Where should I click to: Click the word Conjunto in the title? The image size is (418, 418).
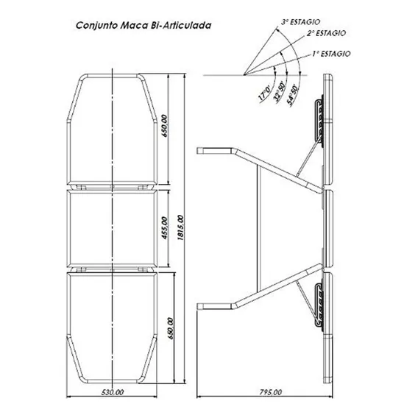point(97,26)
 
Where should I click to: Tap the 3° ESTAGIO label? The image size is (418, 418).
point(300,22)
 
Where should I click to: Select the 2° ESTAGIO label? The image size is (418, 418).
point(326,33)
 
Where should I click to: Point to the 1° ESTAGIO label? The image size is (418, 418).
point(331,54)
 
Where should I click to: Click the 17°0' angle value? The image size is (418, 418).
point(264,93)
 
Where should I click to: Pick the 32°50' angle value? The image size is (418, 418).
point(280,91)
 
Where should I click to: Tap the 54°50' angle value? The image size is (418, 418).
point(293,96)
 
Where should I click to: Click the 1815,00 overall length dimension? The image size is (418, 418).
point(180,227)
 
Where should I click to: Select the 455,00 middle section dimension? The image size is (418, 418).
point(165,228)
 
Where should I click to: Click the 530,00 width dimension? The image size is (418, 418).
point(113,392)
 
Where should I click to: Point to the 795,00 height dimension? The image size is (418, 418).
point(271,392)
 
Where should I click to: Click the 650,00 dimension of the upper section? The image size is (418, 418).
point(165,126)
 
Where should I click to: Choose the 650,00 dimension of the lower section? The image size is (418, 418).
point(171,328)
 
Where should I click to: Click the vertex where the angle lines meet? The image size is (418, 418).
point(244,74)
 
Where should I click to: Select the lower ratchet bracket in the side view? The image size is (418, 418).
point(319,305)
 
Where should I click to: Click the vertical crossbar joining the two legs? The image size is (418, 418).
point(258,228)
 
